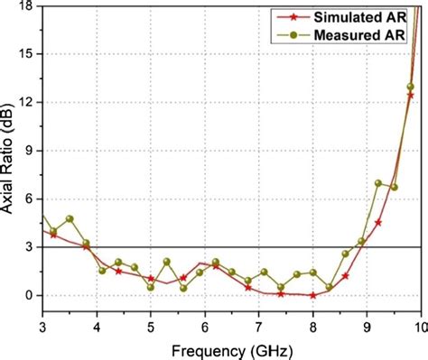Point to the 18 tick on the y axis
pos(26,5)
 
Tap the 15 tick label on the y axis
pos(26,54)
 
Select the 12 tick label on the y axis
pos(26,102)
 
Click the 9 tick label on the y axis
pos(30,151)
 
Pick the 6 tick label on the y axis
pos(30,198)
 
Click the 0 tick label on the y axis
pos(30,295)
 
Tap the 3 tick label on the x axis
pos(42,325)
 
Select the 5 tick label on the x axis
pos(151,325)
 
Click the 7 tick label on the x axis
pos(259,325)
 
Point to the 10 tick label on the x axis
pos(420,325)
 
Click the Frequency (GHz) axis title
pos(233,347)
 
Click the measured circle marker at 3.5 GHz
pos(70,219)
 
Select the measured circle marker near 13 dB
pos(411,87)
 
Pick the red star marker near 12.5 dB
pos(410,95)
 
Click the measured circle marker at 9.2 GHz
pos(378,183)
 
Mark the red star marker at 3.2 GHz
pos(53,235)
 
